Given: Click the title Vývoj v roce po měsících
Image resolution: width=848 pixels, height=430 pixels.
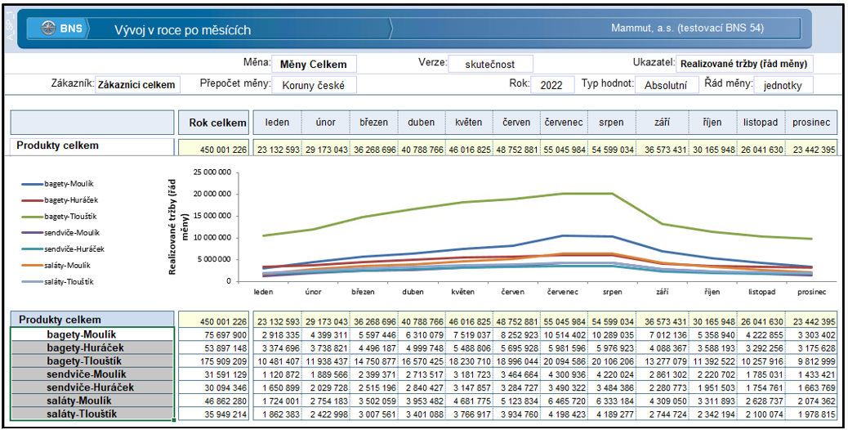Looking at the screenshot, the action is coord(182,29).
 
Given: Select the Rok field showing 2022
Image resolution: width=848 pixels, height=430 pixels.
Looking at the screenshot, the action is coord(552,85).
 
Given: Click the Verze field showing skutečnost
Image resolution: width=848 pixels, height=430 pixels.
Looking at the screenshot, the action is coord(490,64).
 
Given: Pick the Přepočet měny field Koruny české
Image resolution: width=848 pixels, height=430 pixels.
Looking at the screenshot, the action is coord(314,85).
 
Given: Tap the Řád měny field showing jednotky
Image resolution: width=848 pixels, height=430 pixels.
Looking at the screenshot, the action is coord(783,85).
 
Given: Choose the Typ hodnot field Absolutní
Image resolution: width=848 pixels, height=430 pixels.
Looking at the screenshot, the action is coord(666,85).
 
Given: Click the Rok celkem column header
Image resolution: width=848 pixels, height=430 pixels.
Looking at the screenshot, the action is coord(217,123).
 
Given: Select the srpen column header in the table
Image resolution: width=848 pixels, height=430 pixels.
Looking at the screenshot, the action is coord(612,123).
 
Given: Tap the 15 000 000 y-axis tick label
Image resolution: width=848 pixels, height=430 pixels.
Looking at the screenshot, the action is coord(212,216).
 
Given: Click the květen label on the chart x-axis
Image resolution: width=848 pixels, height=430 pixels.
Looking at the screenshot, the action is coord(463,292).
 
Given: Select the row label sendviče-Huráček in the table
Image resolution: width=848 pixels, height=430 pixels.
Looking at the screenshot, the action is coord(91,387).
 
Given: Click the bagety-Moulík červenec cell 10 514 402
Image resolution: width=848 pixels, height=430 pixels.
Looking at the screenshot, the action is coord(564,335).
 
